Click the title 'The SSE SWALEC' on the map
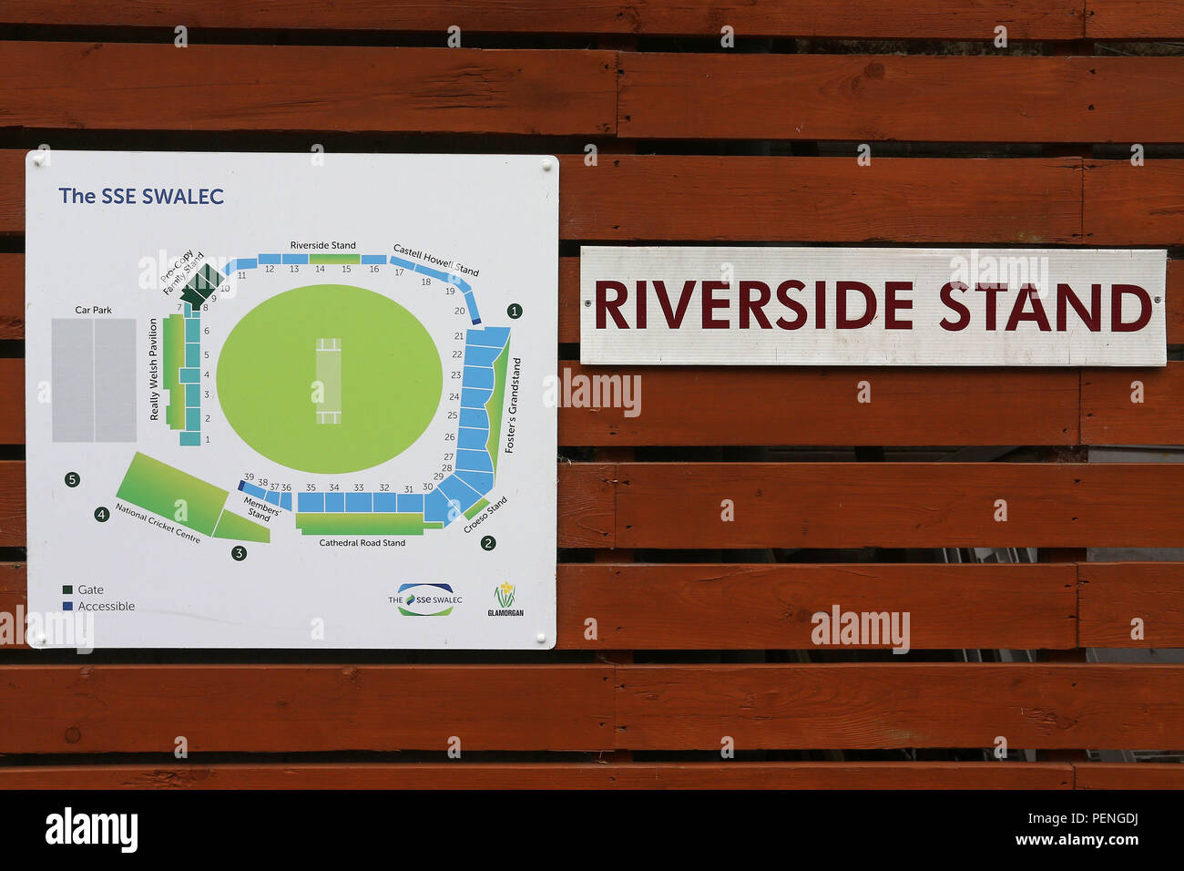pos(141,196)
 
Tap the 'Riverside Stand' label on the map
pos(322,245)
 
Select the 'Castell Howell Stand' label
pos(435,259)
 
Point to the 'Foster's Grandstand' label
pos(513,405)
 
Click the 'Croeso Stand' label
pos(485,516)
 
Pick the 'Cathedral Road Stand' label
pos(362,543)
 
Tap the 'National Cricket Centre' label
pos(158,524)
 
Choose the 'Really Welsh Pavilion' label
pos(154,369)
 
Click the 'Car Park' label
pos(93,310)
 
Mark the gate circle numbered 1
pos(515,311)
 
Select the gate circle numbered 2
pos(488,543)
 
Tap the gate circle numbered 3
pos(239,553)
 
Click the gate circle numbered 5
pos(72,479)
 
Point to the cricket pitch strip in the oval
pos(328,381)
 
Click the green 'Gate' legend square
pos(67,589)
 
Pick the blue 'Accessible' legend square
pos(67,606)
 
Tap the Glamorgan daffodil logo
pos(505,597)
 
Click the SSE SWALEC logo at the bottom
pos(425,599)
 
